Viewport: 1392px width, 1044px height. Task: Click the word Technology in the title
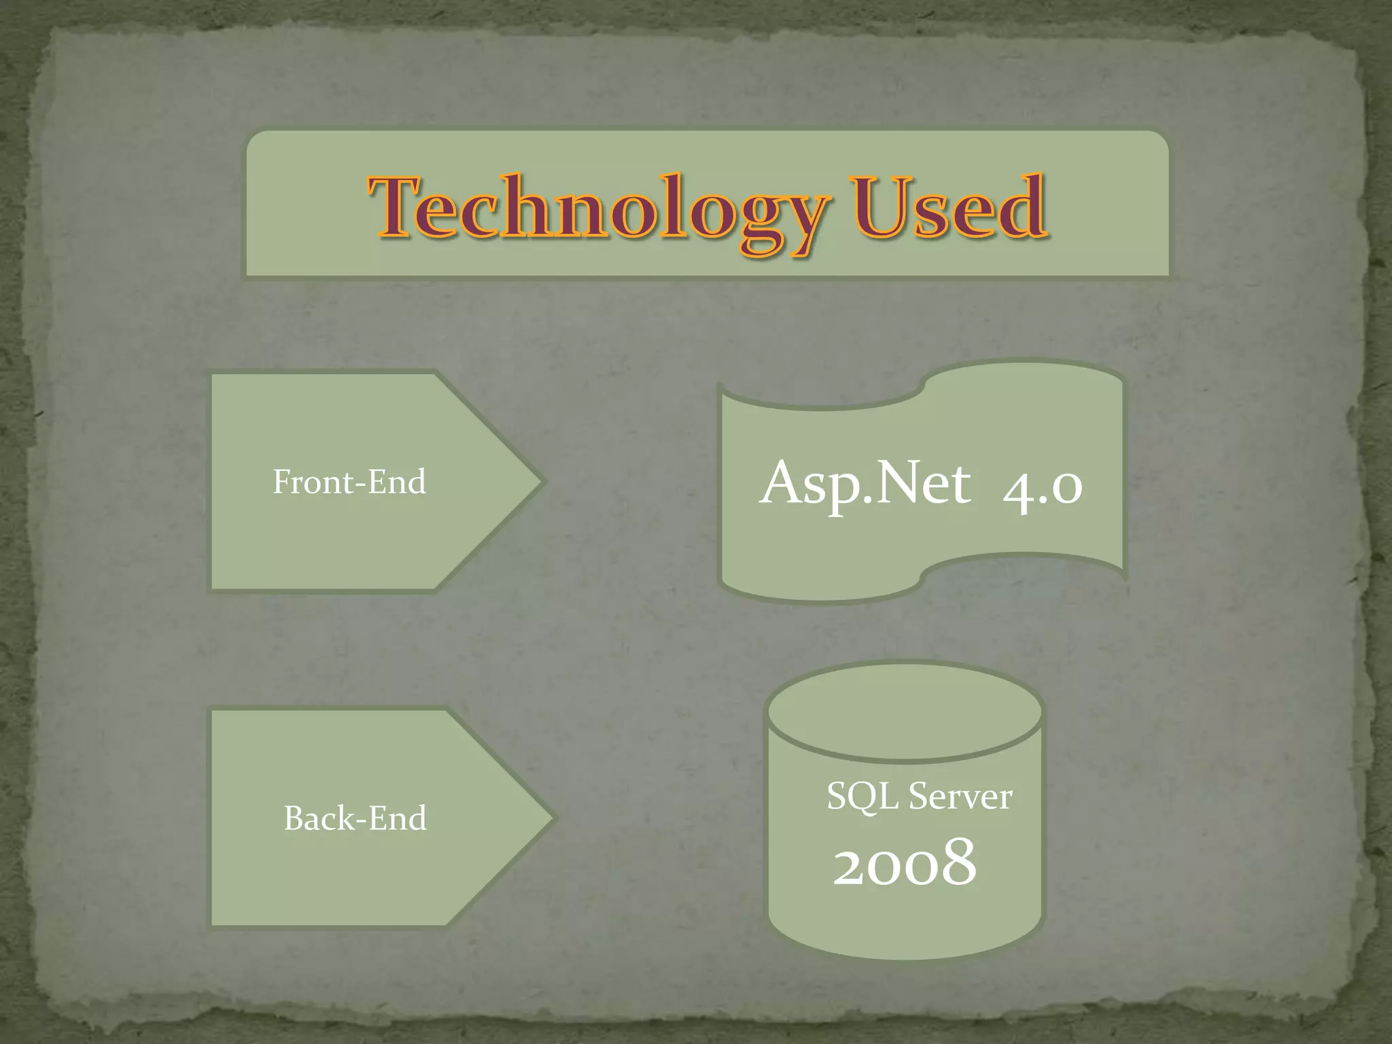click(x=598, y=207)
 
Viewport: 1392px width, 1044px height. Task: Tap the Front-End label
click(x=349, y=482)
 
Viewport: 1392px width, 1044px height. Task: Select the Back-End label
click(x=355, y=818)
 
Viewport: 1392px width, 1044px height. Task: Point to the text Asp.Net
click(x=865, y=483)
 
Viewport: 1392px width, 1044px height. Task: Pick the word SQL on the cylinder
click(x=863, y=796)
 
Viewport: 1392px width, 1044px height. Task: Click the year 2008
click(x=905, y=863)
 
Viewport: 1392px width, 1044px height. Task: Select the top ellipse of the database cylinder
click(x=905, y=712)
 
